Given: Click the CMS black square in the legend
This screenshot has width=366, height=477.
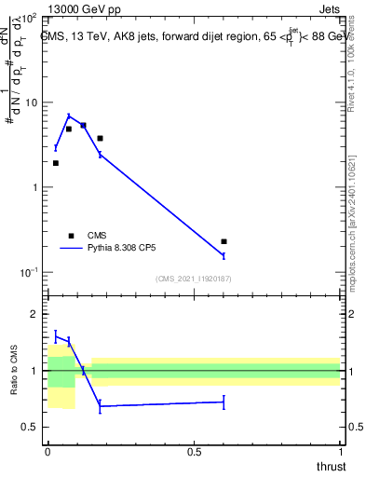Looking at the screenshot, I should tap(71, 236).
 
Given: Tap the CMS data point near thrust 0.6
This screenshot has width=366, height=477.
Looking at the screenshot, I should tap(224, 241).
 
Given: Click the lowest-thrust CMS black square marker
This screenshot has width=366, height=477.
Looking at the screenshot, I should tap(56, 163).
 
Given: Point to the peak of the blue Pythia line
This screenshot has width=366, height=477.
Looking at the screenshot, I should tap(69, 116).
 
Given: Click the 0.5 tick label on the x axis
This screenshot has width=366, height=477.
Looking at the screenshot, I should tap(194, 450).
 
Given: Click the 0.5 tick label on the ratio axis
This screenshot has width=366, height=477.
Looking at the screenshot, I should tap(30, 427).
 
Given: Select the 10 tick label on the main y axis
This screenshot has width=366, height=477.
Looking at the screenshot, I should tap(30, 102).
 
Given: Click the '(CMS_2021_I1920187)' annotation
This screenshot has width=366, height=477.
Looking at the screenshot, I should tap(194, 279).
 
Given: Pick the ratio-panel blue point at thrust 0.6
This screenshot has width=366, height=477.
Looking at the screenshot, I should tap(224, 402).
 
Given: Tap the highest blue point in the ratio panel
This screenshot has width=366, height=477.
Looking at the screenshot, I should tap(56, 335).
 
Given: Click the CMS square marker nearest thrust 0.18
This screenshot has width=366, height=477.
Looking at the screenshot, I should tap(100, 138).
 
